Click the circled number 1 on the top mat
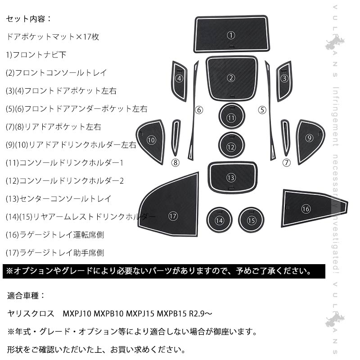point(231,35)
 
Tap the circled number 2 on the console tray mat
point(231,78)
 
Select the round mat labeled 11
point(231,118)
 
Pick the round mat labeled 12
point(231,147)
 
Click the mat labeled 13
point(231,177)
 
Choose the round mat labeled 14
point(219,220)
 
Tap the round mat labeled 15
point(251,220)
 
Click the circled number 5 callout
point(262,109)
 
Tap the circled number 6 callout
point(199,109)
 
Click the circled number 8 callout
point(176,162)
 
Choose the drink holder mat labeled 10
point(152,140)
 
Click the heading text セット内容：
point(29,19)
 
